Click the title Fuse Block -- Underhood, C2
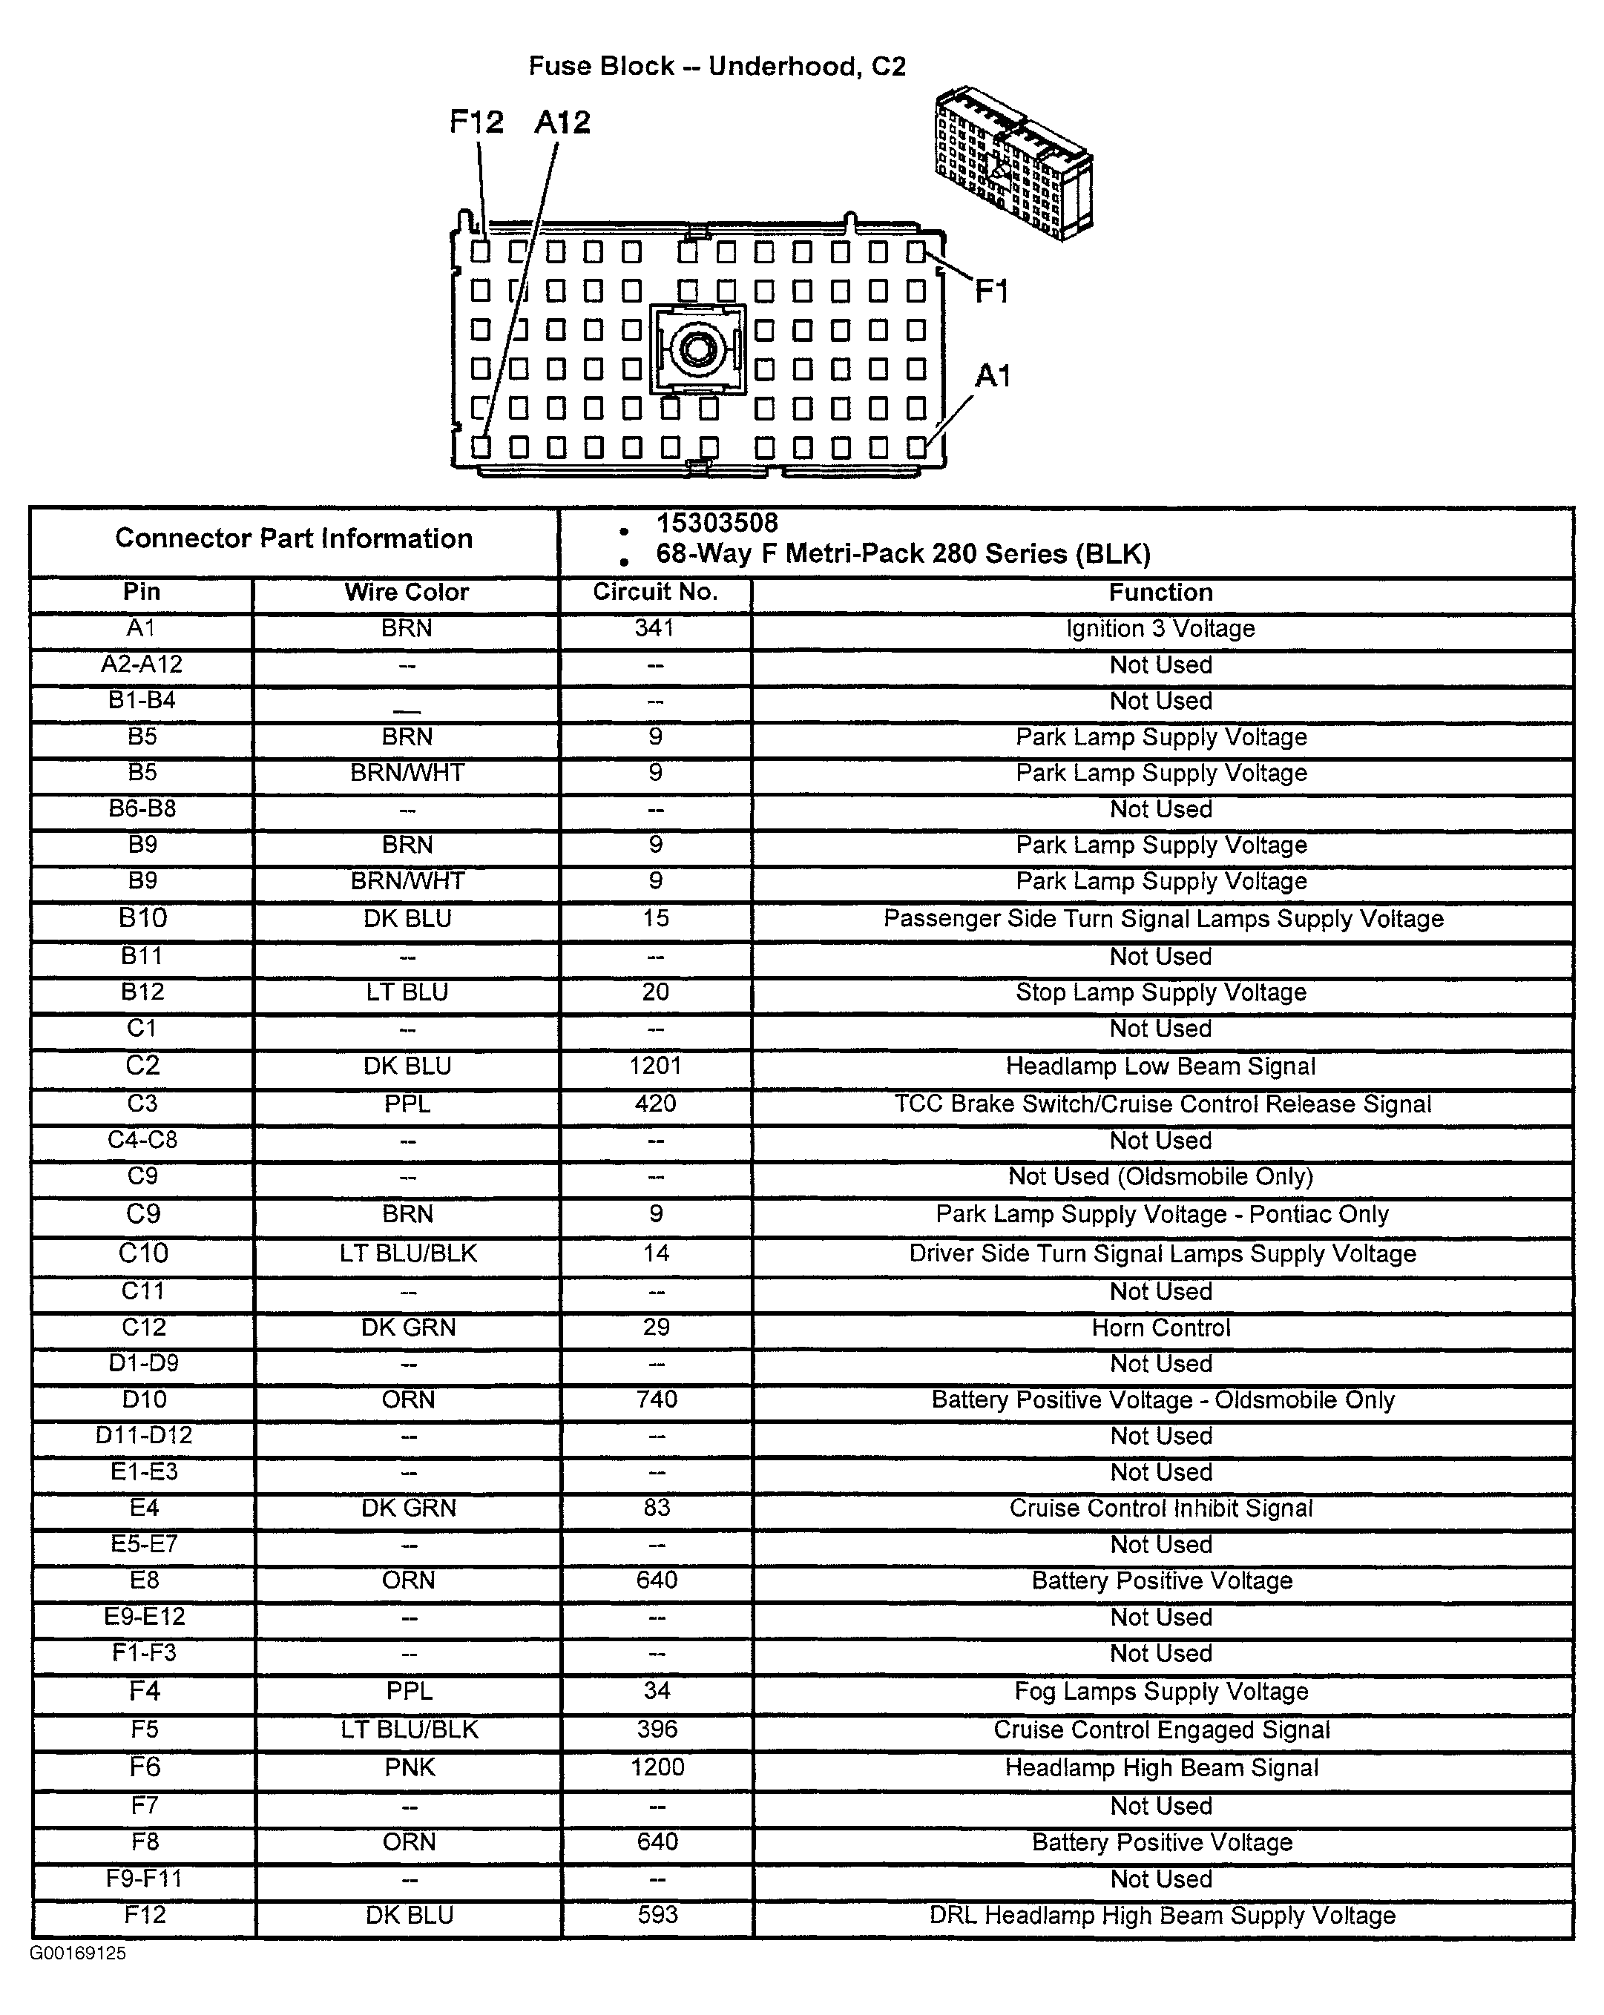tap(717, 66)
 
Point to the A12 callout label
tap(562, 122)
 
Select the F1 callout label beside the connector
tap(992, 292)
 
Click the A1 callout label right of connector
tap(993, 377)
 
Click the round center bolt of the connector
tap(697, 349)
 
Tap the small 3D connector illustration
tap(1013, 164)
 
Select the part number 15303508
tap(716, 524)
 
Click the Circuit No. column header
tap(654, 593)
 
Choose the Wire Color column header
tap(407, 593)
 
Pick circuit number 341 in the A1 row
tap(654, 628)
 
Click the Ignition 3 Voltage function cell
tap(1160, 629)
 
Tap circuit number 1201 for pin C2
tap(655, 1066)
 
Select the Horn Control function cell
tap(1161, 1328)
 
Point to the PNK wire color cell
tap(410, 1768)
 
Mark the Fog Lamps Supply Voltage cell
tap(1161, 1692)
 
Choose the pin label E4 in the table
tap(144, 1508)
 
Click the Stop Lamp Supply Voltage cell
tap(1161, 992)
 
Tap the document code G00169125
tap(78, 1953)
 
